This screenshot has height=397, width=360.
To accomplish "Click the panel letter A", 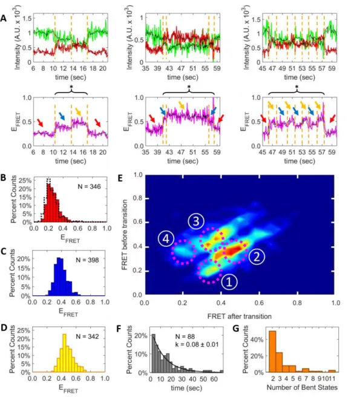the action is point(4,18).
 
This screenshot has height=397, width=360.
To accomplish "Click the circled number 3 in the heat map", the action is point(196,221).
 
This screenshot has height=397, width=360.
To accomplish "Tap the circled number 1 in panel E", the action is point(229,282).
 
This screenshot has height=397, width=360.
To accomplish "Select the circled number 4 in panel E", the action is point(166,238).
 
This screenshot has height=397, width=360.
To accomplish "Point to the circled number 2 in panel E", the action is point(257,257).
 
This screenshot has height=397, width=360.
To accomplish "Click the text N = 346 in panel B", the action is point(89,186).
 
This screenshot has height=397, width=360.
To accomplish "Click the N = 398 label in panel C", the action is point(87,260).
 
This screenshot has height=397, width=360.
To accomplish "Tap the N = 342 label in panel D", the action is point(87,336).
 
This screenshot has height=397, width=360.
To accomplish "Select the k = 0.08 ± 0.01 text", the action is point(197,344).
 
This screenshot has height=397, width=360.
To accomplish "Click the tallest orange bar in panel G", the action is point(273,352).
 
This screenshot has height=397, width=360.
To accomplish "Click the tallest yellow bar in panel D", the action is point(64,353).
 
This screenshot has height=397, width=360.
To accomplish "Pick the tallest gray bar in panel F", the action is point(154,353).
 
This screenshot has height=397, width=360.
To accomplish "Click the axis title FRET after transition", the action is point(240,317).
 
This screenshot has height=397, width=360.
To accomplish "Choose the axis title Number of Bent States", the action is point(302,387).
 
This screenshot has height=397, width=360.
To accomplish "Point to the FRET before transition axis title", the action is point(125,235).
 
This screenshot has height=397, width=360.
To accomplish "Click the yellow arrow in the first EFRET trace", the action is point(79,111).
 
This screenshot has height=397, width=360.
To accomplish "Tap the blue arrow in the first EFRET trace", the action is point(62,116).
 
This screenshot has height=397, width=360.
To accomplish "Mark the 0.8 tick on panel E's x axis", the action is point(297,303).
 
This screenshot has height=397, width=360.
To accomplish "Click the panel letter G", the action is point(236,329).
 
